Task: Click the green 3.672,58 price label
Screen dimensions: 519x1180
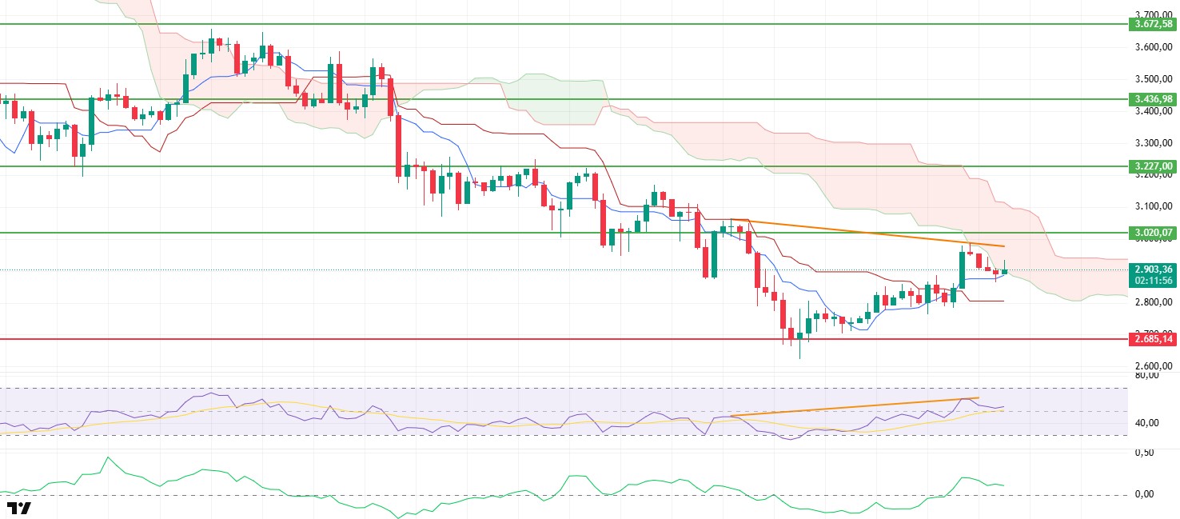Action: [1151, 25]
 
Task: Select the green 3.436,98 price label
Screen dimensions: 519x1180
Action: [1151, 98]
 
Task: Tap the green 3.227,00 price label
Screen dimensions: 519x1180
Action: [1151, 166]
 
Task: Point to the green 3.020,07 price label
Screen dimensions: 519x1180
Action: [1151, 233]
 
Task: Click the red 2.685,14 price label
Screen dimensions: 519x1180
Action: [1151, 339]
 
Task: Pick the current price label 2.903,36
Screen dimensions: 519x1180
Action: [1151, 269]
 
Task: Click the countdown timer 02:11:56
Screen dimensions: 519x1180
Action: [1151, 281]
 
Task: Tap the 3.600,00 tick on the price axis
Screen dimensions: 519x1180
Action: [1153, 47]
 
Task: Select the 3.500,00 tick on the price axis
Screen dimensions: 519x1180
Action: [1153, 79]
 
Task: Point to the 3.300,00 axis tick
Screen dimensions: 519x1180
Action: [1153, 143]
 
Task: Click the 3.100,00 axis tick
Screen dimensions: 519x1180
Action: [1153, 206]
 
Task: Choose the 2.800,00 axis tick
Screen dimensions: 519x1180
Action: [1153, 302]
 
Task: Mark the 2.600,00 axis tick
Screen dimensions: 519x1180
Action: [1153, 365]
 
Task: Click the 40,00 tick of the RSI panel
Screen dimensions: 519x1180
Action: [1147, 422]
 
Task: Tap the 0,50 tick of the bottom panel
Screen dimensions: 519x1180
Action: [1144, 453]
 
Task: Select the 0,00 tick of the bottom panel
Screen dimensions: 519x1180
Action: [1144, 494]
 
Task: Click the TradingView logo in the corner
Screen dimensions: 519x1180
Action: [18, 508]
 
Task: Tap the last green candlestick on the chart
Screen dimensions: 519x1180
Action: [1004, 271]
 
